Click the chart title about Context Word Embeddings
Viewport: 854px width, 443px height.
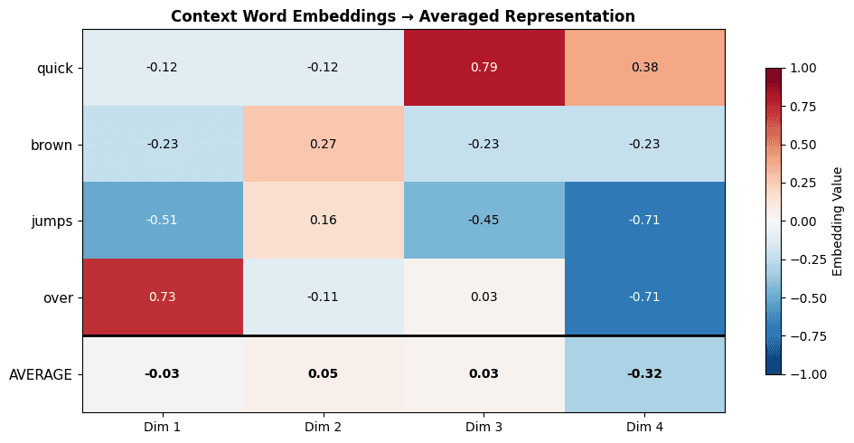tap(403, 16)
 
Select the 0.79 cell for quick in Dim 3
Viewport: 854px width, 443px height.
tap(483, 68)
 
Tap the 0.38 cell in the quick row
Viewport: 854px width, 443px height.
tap(644, 68)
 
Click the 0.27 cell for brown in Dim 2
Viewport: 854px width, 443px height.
tap(323, 145)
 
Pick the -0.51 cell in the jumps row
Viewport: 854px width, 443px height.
tap(163, 221)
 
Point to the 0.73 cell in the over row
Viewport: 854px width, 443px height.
tap(163, 297)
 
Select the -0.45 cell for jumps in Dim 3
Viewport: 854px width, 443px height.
tap(483, 221)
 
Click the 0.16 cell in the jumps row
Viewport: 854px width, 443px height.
tap(323, 221)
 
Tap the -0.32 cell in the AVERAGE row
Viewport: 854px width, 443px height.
tap(644, 374)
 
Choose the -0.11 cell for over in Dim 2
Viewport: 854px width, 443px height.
tap(323, 297)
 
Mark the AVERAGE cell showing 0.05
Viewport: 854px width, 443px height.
tap(323, 374)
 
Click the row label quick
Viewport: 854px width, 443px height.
tap(54, 68)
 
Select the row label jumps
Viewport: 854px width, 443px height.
tap(52, 221)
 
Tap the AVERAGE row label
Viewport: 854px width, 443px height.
tap(41, 374)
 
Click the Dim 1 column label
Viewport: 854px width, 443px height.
tap(163, 426)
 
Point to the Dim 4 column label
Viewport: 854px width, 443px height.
tap(644, 426)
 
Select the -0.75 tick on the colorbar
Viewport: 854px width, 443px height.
tap(805, 336)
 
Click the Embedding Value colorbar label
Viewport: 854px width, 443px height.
tap(837, 221)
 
